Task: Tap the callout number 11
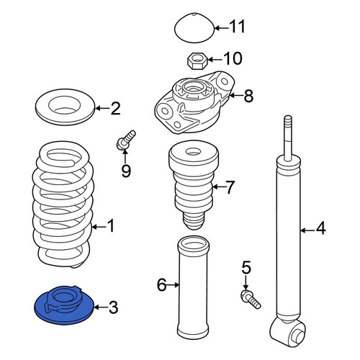237,27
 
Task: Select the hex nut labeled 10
197,61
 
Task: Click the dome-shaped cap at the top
194,28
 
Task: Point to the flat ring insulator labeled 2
65,107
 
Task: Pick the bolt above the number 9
125,140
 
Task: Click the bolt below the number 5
251,300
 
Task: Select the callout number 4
320,228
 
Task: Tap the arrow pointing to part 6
173,285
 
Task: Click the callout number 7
230,187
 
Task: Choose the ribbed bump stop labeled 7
194,185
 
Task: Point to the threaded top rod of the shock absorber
288,138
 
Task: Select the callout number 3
113,307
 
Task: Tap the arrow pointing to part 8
235,96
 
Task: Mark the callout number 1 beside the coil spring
111,225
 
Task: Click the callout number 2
115,109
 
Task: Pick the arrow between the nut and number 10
215,59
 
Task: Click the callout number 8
248,96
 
